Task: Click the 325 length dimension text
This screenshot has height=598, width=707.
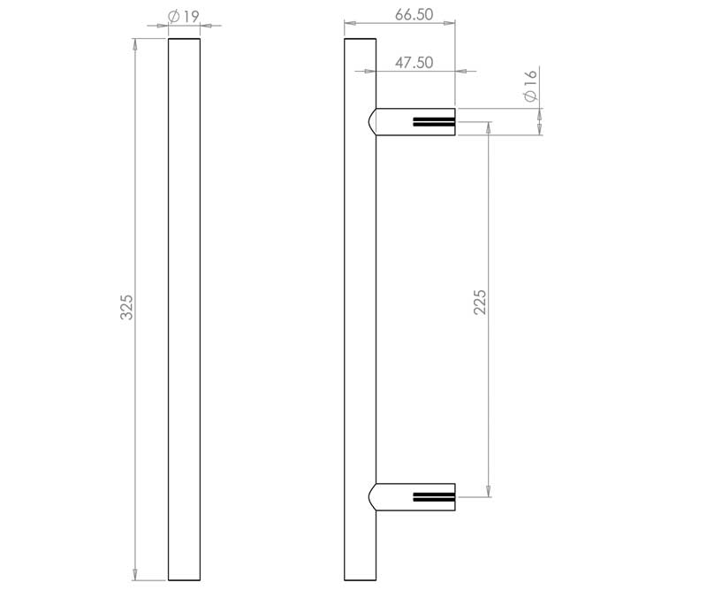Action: [126, 307]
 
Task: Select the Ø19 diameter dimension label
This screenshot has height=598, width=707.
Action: [183, 16]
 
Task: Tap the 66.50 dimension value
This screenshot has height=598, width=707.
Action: [414, 15]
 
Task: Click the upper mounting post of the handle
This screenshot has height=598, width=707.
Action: [415, 121]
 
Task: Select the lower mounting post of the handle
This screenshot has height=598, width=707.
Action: [415, 497]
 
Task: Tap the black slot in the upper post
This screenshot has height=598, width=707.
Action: [433, 122]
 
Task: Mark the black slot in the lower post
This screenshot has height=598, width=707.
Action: [433, 497]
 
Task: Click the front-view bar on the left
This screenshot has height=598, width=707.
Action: [184, 310]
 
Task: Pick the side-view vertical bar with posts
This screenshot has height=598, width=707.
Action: [361, 310]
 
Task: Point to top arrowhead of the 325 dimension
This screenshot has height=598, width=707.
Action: [135, 42]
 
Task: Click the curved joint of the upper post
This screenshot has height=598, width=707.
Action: [373, 121]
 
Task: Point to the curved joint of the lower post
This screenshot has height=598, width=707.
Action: [373, 497]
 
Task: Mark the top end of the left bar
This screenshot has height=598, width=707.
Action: [184, 39]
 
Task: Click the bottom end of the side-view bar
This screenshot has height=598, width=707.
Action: [361, 579]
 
